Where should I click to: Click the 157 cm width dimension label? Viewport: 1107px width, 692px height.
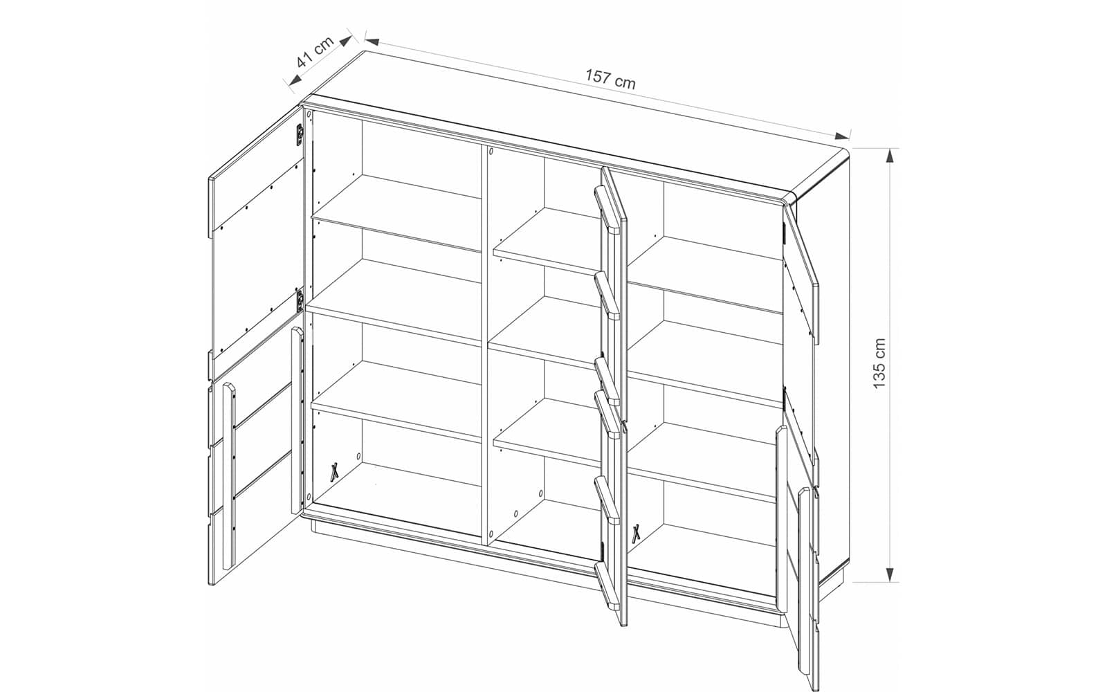[x=610, y=80]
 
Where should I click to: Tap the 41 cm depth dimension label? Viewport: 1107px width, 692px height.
[x=315, y=52]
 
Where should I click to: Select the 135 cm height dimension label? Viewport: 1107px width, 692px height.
[x=879, y=364]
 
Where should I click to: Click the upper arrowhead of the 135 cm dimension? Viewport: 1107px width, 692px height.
[x=890, y=156]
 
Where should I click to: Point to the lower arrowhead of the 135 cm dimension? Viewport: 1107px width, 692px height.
[x=890, y=574]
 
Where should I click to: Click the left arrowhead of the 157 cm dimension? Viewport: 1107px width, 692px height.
[x=372, y=41]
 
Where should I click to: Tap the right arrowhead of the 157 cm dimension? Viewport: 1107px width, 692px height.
[x=841, y=136]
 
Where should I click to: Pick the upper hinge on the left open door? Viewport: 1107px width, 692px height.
[x=300, y=134]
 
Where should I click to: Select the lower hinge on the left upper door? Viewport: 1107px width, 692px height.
[x=300, y=300]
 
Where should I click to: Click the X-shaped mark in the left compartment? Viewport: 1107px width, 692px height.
[x=335, y=471]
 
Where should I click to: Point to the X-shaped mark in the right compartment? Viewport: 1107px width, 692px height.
[x=637, y=532]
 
